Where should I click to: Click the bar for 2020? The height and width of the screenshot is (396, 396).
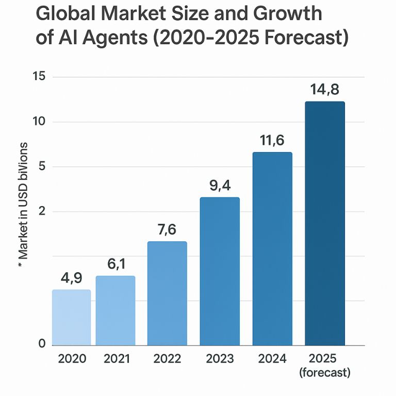click(x=72, y=317)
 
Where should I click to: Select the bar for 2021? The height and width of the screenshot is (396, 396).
click(x=115, y=310)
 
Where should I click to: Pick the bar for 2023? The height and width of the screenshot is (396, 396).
click(x=220, y=271)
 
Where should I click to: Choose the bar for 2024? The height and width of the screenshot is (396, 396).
click(x=272, y=249)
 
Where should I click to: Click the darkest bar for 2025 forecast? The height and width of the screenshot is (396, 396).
click(x=325, y=223)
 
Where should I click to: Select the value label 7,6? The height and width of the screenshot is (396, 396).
click(x=167, y=229)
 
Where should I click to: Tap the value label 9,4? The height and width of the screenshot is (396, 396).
click(x=220, y=185)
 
